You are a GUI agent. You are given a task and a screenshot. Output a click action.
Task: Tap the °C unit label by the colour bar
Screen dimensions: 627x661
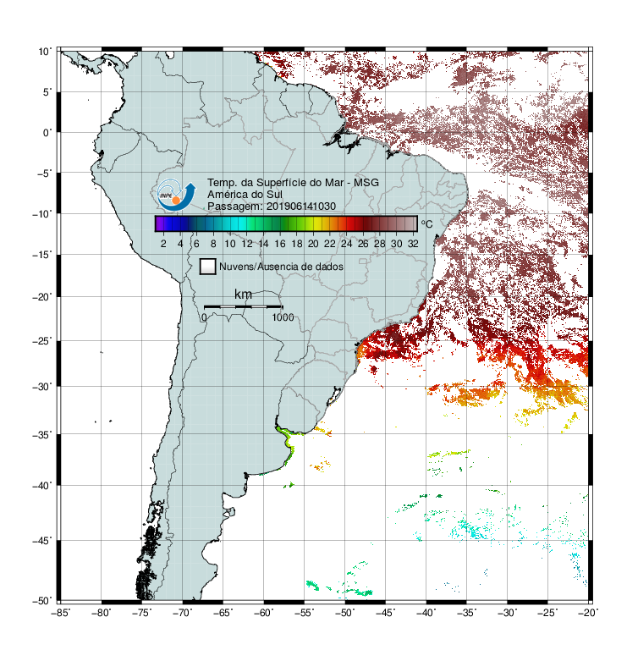point(426,223)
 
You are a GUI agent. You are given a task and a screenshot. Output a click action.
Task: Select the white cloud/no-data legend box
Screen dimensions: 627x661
point(208,267)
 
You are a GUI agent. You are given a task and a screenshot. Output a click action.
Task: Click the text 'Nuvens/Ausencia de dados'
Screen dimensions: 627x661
point(282,267)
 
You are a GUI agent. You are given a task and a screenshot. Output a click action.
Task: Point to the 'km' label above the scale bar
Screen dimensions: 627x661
point(243,295)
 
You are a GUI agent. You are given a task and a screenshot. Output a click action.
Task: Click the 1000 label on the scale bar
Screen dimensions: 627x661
point(283,317)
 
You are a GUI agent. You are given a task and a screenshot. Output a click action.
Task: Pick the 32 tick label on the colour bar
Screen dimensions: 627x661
point(413,244)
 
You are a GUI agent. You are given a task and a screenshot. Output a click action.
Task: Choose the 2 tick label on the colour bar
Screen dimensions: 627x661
point(163,244)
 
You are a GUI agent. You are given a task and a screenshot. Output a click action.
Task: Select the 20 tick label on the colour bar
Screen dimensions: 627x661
point(313,244)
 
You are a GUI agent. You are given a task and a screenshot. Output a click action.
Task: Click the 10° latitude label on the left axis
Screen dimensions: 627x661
point(45,52)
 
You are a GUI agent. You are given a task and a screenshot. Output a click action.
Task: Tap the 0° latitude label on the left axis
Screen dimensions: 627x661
point(47,133)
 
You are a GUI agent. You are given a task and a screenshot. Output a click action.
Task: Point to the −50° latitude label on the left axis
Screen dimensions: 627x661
point(42,601)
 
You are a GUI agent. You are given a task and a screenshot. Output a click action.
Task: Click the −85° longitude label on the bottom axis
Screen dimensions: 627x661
point(60,613)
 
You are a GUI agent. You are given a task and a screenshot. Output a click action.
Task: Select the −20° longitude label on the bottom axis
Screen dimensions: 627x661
point(588,613)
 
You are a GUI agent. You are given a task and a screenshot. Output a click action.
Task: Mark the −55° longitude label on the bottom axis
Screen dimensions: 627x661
point(305,613)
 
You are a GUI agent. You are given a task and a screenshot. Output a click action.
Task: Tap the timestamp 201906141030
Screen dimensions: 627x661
point(301,207)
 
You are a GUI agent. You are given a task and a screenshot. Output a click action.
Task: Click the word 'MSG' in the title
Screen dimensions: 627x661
point(366,183)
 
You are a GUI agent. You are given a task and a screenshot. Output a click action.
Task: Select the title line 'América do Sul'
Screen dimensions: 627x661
point(245,195)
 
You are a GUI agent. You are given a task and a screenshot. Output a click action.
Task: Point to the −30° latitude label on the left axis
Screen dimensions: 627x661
point(42,386)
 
